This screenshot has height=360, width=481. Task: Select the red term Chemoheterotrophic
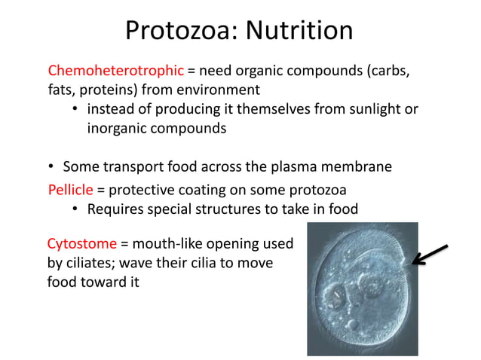tap(115, 72)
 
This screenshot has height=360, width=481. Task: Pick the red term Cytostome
tap(81, 244)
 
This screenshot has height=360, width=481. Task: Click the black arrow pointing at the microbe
tap(430, 255)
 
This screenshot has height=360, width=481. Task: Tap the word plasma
tap(301, 166)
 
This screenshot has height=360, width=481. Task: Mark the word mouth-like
tap(169, 244)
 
